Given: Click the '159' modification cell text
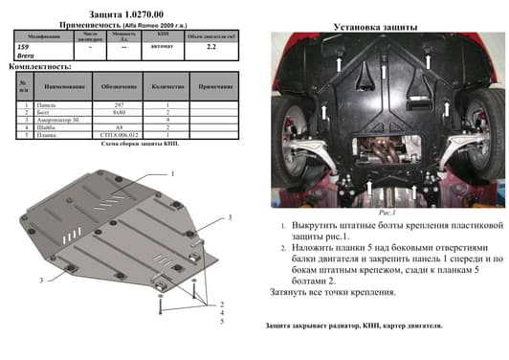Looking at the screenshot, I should pos(23,45).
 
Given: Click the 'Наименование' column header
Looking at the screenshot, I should pos(63,87).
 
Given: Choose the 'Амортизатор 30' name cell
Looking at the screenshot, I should pos(60,122).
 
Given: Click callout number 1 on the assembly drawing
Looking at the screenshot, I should pos(173,175).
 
